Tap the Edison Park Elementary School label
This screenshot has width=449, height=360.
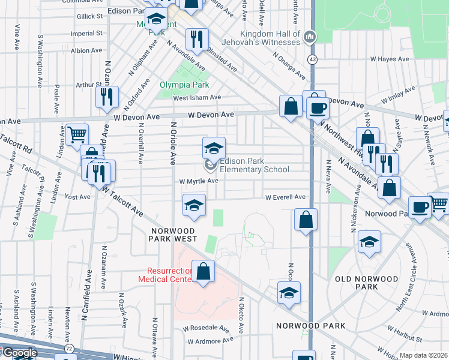(x=254, y=165)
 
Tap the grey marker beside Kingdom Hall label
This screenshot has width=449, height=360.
(x=310, y=37)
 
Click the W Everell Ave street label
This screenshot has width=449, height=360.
(x=287, y=197)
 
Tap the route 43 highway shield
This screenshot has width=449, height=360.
(x=313, y=59)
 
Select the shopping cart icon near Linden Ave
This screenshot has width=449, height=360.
(x=77, y=134)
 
